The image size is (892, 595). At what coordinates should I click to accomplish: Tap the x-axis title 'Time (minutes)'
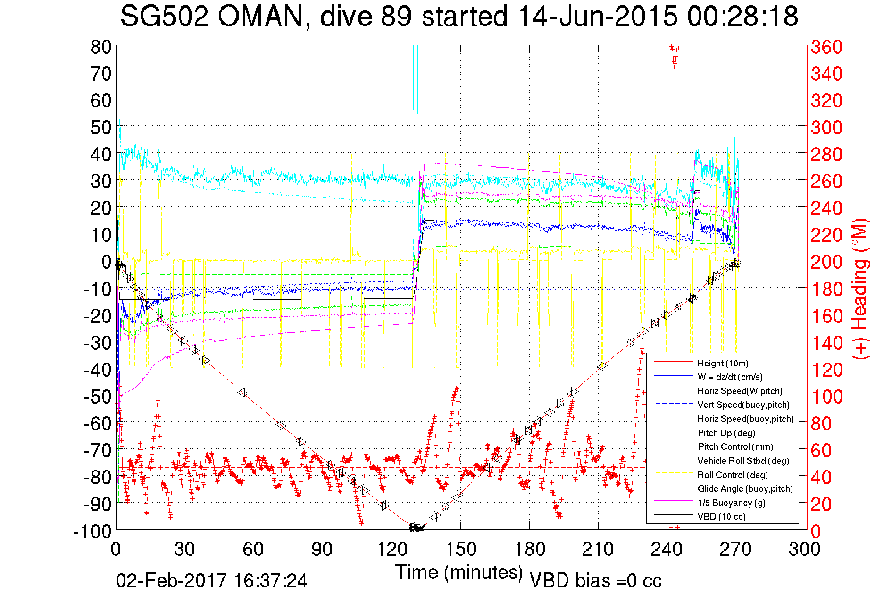(x=459, y=572)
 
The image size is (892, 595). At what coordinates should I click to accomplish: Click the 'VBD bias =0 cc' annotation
(x=595, y=580)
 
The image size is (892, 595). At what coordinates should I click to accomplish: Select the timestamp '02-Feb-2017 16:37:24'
(x=211, y=580)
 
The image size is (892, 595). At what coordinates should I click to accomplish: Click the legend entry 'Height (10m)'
(x=723, y=363)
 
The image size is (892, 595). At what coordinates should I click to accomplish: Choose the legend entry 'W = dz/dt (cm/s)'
(x=730, y=377)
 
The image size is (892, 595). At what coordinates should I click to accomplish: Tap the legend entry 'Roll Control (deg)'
(x=733, y=475)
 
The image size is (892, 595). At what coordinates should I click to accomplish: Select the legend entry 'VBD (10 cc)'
(x=721, y=516)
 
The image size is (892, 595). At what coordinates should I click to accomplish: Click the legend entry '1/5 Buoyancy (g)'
(x=731, y=503)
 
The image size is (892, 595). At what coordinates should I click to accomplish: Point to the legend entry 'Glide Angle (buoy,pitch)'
(x=745, y=488)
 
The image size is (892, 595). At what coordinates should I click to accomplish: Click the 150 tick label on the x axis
(x=461, y=549)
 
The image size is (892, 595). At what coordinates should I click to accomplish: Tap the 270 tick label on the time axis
(x=736, y=549)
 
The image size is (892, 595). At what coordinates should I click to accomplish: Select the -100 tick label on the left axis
(x=92, y=531)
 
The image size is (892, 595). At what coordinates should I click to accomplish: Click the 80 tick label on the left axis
(x=100, y=47)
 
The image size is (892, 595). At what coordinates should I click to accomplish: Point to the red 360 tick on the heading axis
(x=826, y=47)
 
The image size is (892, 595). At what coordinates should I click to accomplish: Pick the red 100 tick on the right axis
(x=826, y=397)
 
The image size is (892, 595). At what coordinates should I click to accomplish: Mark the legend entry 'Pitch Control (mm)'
(x=735, y=446)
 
